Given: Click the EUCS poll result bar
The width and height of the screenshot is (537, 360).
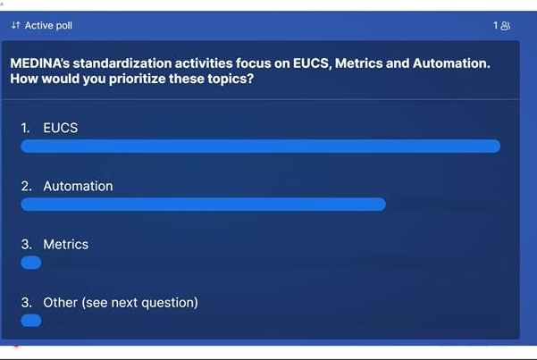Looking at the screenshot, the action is (261, 147).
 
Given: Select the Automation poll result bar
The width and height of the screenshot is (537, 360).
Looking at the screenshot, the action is (204, 205).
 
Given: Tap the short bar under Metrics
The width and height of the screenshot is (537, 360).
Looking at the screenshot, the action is (30, 263).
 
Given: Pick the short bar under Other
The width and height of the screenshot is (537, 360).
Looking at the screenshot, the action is (30, 321).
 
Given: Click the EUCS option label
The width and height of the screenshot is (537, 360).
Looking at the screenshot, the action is (60, 128).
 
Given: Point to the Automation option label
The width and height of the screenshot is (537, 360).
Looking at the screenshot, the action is (78, 186).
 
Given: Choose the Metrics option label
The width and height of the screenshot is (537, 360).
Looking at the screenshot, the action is (66, 244).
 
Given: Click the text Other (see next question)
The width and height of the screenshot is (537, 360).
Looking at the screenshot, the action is (121, 303).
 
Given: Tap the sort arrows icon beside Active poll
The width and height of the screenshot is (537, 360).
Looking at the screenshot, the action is (15, 25).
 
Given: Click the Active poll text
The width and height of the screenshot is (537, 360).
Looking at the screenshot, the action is (48, 26).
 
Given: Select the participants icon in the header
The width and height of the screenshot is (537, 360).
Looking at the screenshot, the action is (505, 26).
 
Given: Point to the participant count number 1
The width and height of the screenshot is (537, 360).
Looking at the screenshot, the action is (496, 25).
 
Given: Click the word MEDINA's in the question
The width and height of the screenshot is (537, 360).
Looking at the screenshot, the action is (39, 63).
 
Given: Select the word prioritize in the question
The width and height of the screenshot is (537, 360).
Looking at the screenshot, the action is (137, 79).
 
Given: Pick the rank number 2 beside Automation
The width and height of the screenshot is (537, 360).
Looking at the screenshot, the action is (26, 186).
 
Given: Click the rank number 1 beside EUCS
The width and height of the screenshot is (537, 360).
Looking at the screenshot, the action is (25, 128).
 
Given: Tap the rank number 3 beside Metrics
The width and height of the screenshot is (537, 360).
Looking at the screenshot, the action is (26, 244).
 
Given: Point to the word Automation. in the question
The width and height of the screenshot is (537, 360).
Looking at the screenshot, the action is (451, 63).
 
